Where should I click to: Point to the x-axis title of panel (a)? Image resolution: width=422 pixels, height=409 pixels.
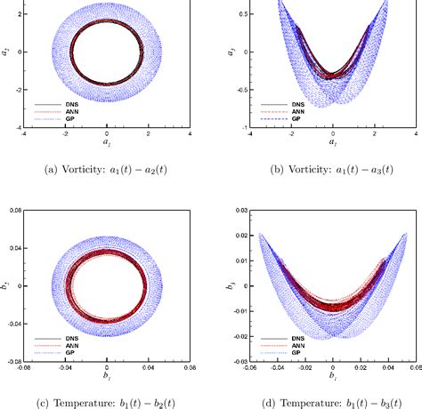pos(107,143)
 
